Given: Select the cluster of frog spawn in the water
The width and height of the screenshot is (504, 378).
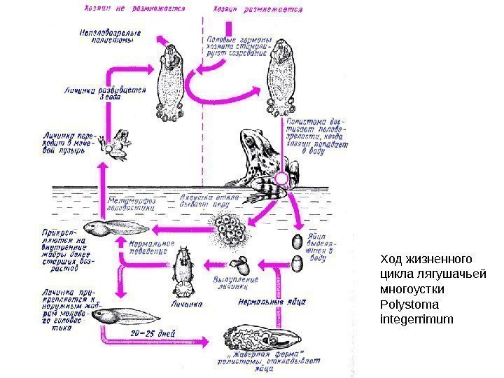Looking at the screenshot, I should tap(229, 227).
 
